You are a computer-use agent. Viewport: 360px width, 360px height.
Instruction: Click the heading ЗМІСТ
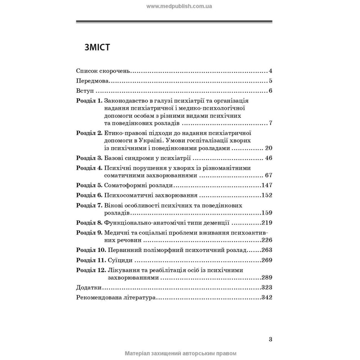coord(97,48)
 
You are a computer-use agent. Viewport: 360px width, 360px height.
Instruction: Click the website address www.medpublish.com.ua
coord(180,6)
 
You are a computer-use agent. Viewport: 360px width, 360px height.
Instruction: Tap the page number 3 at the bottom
coord(270,339)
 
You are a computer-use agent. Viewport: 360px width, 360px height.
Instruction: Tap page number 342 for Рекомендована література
coord(266,297)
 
